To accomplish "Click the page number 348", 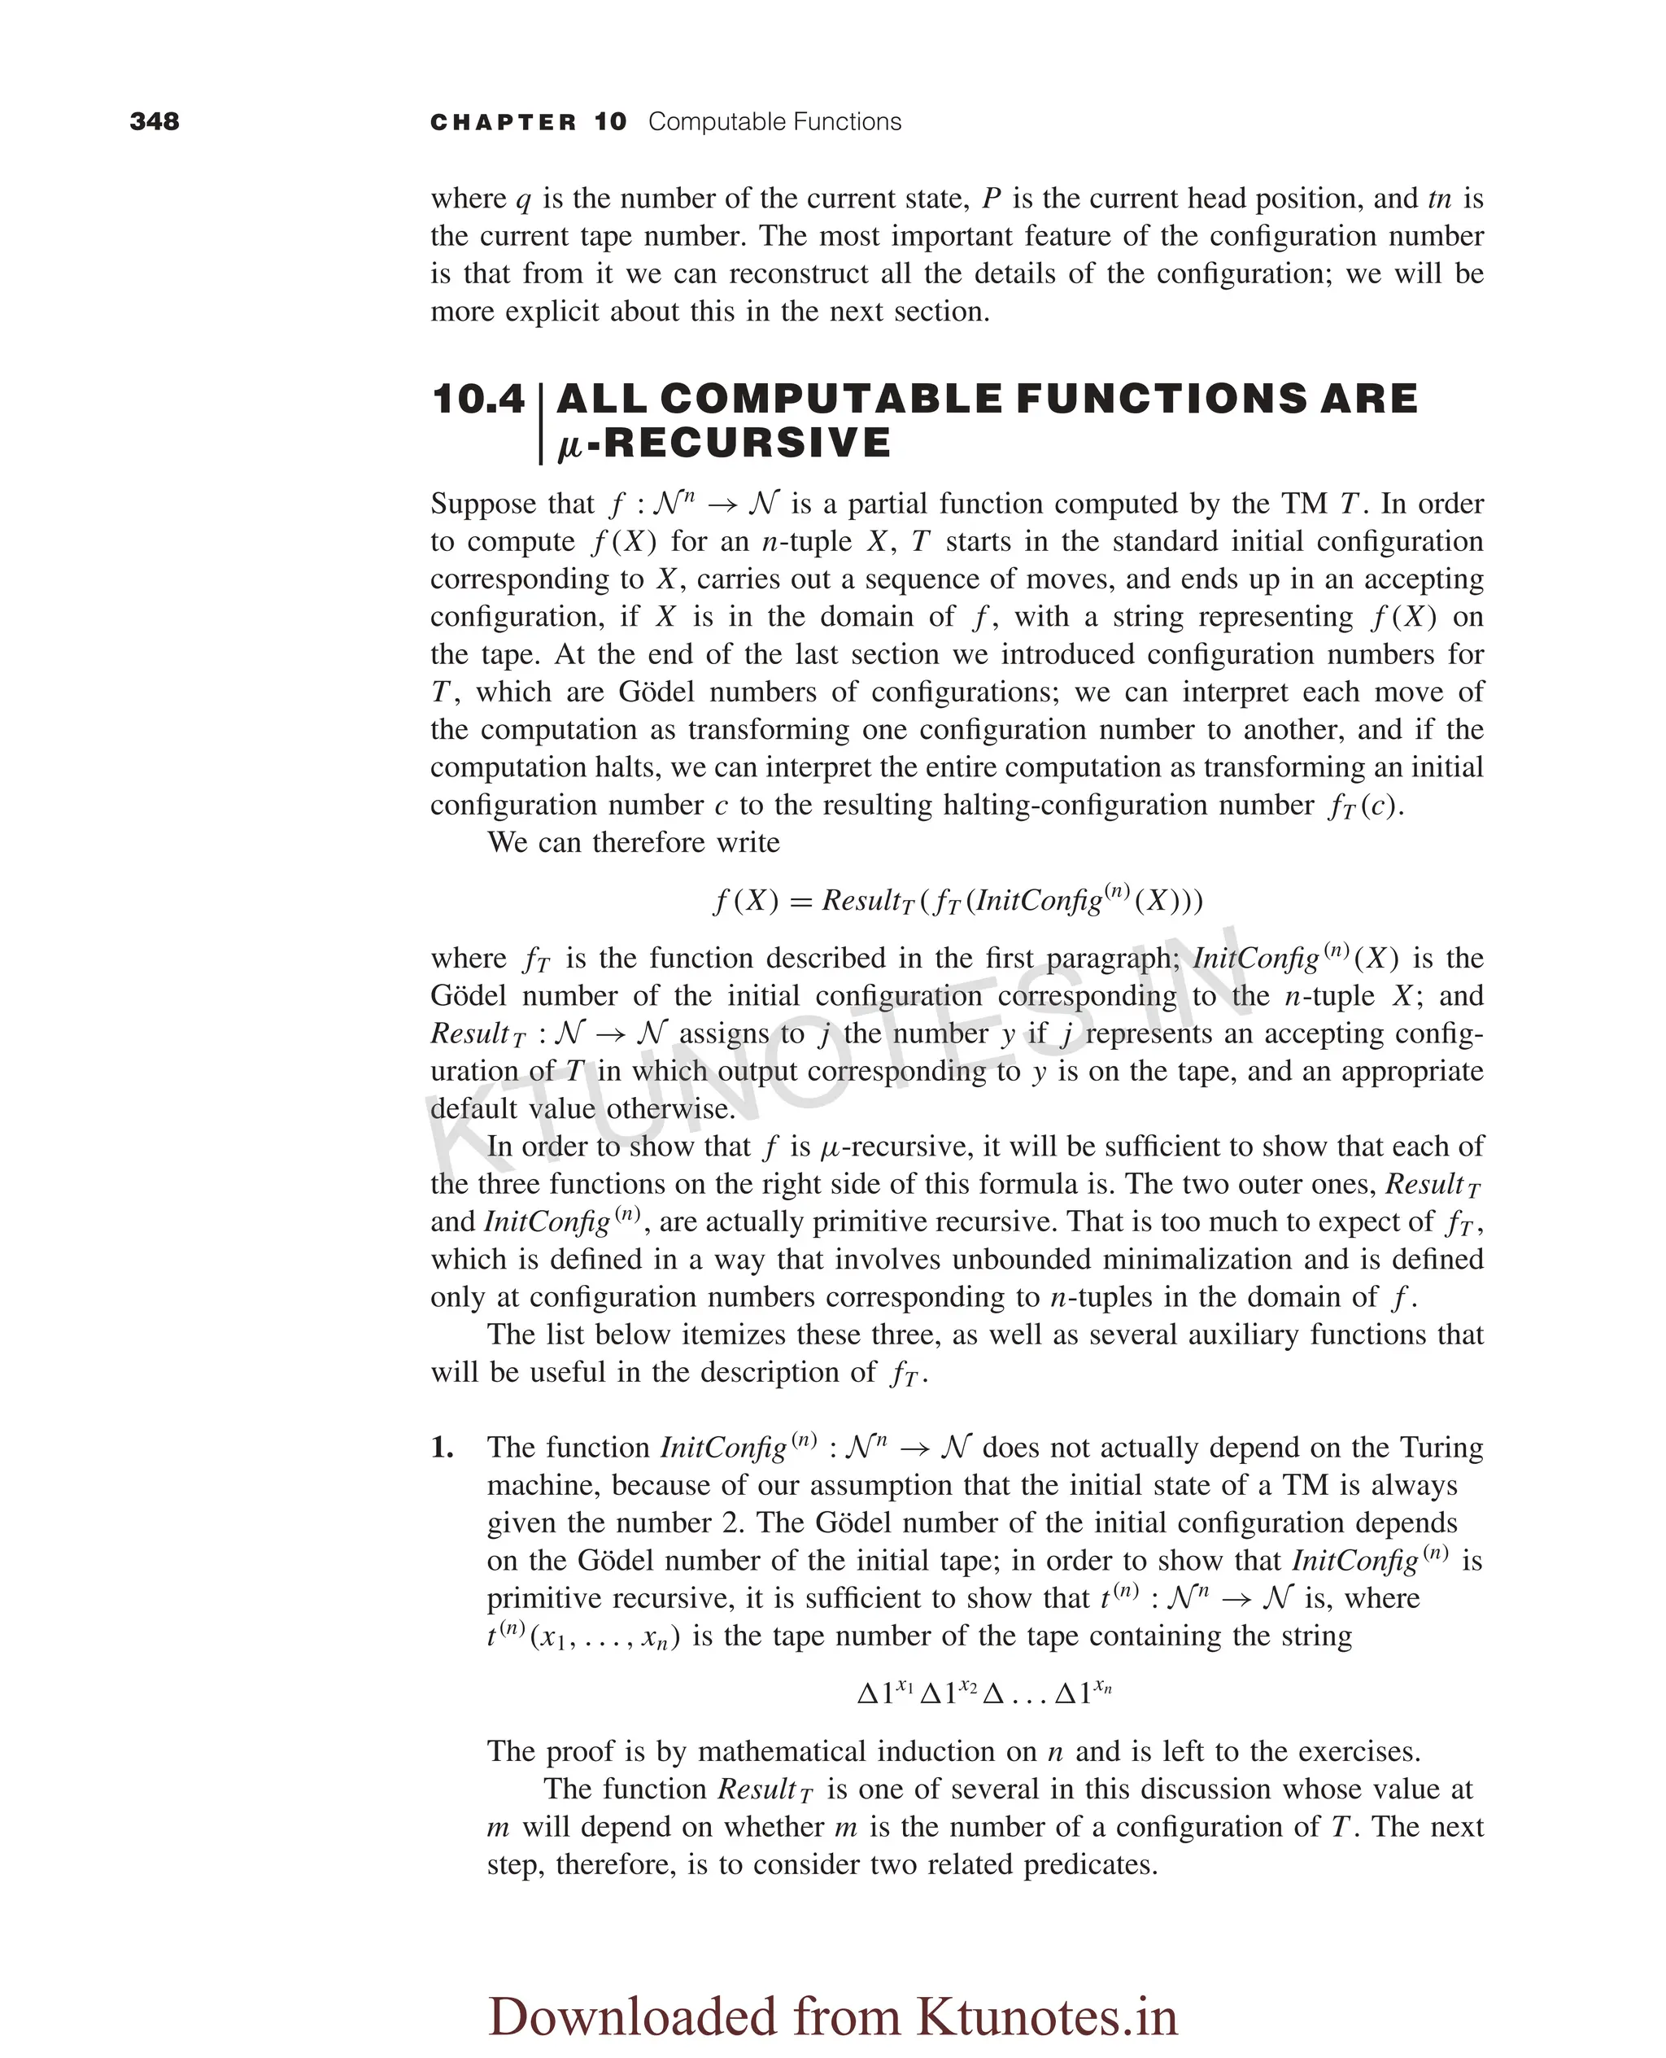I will pyautogui.click(x=155, y=121).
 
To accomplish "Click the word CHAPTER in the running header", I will pyautogui.click(x=503, y=122).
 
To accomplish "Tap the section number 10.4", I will pyautogui.click(x=478, y=400).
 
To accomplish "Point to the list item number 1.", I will pyautogui.click(x=442, y=1448).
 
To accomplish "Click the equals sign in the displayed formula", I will pyautogui.click(x=800, y=902).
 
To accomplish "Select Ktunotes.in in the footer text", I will pyautogui.click(x=1046, y=2015).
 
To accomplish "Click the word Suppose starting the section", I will pyautogui.click(x=485, y=504).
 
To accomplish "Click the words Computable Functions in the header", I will pyautogui.click(x=774, y=122).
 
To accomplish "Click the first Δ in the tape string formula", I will pyautogui.click(x=866, y=1693).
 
